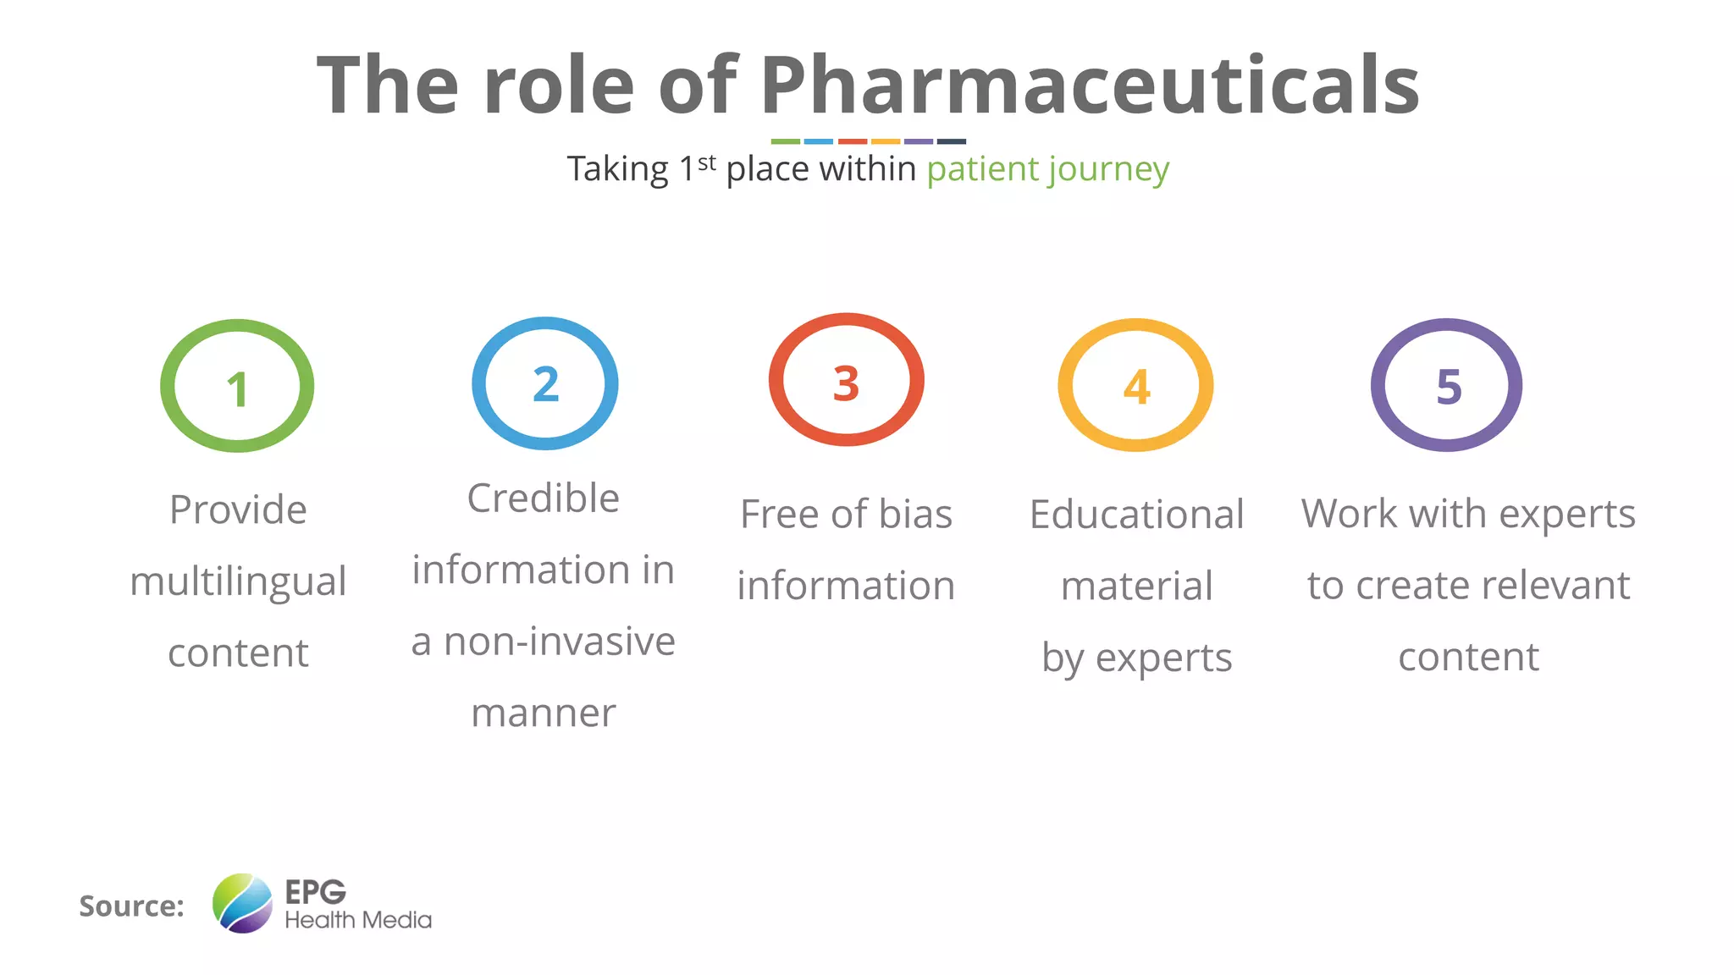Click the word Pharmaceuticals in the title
(1089, 85)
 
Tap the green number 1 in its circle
(237, 389)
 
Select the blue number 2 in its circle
(546, 384)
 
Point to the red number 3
(846, 383)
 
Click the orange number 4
(1136, 388)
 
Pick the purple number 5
(1449, 388)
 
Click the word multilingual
(238, 582)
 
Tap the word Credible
(543, 498)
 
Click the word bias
(915, 514)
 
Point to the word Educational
(1136, 514)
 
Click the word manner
(543, 713)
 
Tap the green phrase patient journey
(1047, 169)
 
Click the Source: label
(131, 906)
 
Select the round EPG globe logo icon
(242, 903)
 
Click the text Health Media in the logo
(357, 920)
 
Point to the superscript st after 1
(707, 162)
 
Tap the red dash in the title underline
(852, 141)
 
